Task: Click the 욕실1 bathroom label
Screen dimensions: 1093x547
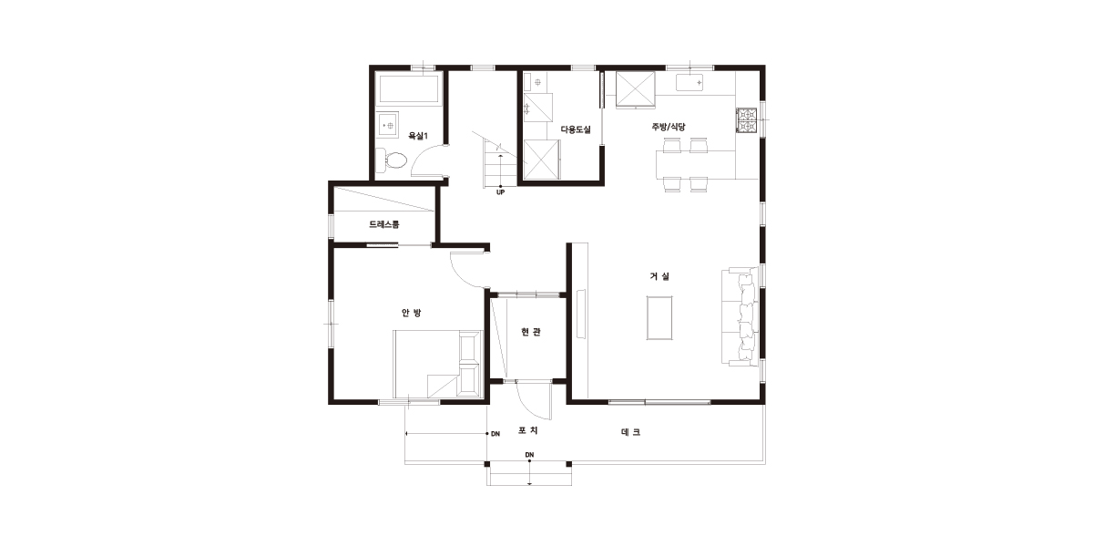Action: [418, 136]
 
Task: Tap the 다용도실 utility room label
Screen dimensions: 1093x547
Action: [576, 129]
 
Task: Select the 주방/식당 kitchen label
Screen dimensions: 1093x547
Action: [669, 127]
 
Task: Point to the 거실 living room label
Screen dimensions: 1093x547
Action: [659, 276]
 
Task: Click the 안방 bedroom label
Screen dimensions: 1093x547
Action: [412, 313]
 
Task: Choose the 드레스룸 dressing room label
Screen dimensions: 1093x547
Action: [384, 224]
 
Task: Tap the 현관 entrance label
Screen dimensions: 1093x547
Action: [531, 332]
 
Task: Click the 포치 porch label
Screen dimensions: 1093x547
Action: [528, 430]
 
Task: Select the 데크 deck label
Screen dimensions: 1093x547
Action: [631, 432]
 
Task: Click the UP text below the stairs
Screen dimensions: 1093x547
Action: [500, 192]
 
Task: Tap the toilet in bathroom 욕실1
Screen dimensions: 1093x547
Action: [392, 160]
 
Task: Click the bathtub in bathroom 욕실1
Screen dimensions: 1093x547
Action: [409, 89]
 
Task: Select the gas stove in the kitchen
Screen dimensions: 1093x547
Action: [747, 120]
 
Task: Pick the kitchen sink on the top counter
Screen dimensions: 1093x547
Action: [690, 83]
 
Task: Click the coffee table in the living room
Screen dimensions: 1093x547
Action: [659, 317]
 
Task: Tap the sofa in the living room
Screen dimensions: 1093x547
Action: [741, 316]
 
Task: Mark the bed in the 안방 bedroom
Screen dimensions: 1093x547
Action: [438, 365]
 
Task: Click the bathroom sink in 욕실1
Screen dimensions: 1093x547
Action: [388, 124]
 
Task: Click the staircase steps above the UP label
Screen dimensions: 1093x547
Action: [500, 162]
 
